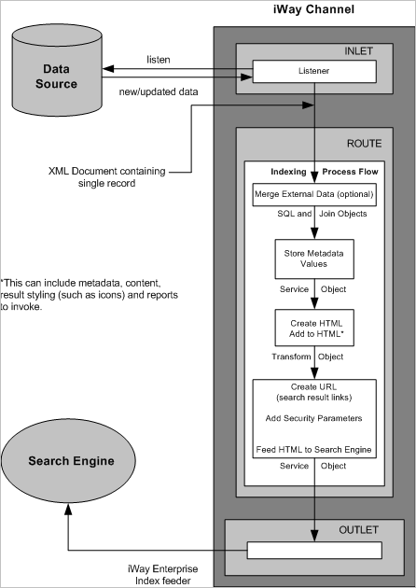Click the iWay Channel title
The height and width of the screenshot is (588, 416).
[x=312, y=10]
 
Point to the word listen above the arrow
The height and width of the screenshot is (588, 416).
[x=158, y=59]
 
